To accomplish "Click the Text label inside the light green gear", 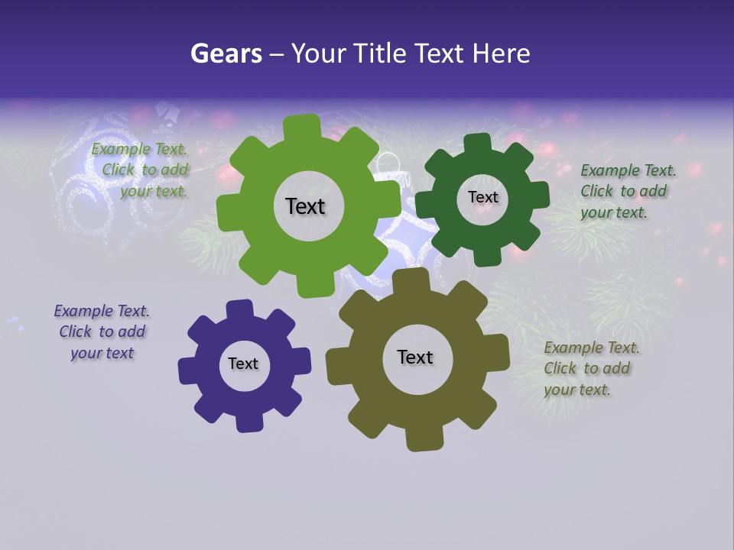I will [305, 206].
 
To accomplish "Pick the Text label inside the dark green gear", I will [482, 197].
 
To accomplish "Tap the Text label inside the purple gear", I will [243, 364].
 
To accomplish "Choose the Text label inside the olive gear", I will [415, 357].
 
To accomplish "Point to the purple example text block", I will [102, 332].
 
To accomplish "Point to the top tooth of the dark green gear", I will [478, 143].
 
